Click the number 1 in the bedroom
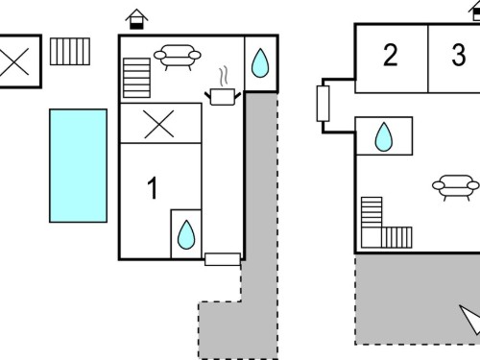(153, 188)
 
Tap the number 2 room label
(390, 55)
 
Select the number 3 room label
(459, 55)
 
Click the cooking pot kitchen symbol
(223, 97)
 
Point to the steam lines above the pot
(224, 76)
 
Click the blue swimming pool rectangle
(78, 165)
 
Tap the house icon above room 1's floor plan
(136, 19)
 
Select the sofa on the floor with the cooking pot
(178, 57)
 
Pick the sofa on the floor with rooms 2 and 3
(456, 187)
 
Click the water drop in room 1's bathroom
(186, 234)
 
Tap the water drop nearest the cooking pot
(260, 63)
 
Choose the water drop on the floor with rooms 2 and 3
(384, 136)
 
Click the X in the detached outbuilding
(14, 61)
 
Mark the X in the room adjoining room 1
(159, 124)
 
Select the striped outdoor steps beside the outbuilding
(70, 52)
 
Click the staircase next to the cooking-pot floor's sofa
(136, 78)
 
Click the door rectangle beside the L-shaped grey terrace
(223, 259)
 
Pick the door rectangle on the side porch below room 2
(323, 104)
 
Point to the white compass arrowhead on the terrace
(471, 319)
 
